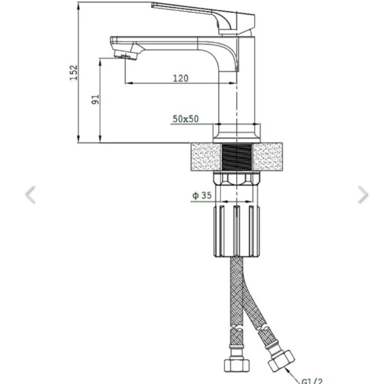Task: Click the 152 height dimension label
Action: coord(74,72)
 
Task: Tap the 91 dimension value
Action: coord(95,100)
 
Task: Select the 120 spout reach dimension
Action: coord(181,78)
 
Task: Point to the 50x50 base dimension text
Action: coord(186,119)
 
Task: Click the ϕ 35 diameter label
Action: coord(202,195)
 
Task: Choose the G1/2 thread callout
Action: coord(312,381)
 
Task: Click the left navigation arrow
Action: coord(30,195)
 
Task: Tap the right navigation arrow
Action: coord(363,195)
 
